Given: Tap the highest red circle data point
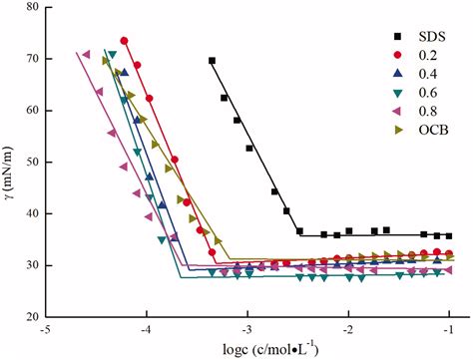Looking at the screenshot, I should [125, 41].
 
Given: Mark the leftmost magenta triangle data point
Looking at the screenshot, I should [87, 54].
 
